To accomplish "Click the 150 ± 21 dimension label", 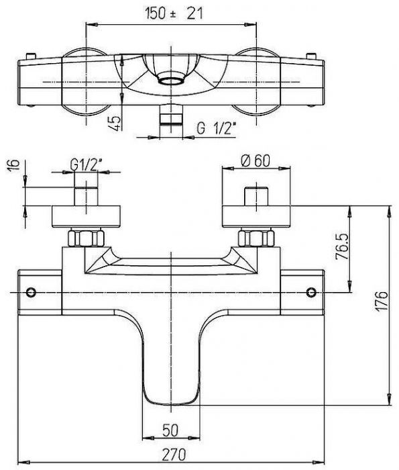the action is tap(174, 13).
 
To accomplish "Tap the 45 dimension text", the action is tap(115, 122).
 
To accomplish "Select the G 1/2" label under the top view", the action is tap(215, 128).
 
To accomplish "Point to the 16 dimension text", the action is tap(13, 164).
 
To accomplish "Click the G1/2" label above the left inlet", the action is tap(86, 164).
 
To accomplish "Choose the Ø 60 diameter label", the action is tap(255, 160).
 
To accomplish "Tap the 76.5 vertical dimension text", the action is tap(342, 246).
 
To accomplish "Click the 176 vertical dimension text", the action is tap(382, 301).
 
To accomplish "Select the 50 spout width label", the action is tap(170, 430).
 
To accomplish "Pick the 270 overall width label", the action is tap(174, 455).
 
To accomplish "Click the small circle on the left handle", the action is tap(31, 292).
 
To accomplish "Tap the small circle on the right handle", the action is tap(312, 292).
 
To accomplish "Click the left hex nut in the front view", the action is tap(87, 238).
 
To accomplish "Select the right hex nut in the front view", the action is tap(256, 238).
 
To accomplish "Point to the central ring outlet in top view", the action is tap(171, 81).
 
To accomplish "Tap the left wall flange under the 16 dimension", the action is tap(87, 216).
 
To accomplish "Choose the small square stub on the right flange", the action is tap(256, 196).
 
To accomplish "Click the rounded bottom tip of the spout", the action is tap(171, 404).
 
